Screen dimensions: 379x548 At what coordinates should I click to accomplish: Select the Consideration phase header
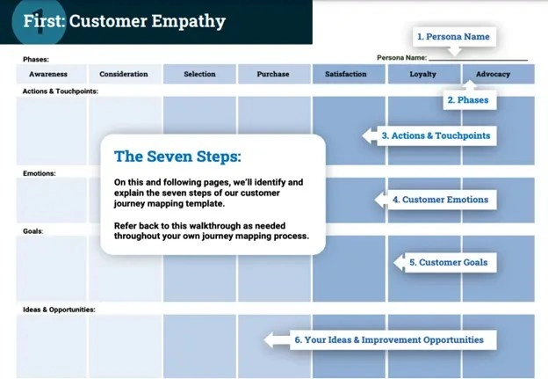coord(124,74)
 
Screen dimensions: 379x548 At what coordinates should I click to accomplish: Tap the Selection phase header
coord(199,74)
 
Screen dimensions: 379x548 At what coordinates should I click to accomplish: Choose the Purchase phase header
coord(273,74)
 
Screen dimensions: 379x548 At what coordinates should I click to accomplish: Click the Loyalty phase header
coord(422,74)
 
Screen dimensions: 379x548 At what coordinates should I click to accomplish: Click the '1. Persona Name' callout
coord(452,37)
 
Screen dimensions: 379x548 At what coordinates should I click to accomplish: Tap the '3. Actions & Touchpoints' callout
coord(436,136)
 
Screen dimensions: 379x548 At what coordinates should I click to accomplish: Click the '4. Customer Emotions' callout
coord(439,200)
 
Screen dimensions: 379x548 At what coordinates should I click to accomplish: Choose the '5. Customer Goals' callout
coord(447,262)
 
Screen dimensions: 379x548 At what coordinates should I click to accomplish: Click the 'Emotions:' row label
coord(40,173)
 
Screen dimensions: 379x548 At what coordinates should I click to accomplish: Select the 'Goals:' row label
coord(33,231)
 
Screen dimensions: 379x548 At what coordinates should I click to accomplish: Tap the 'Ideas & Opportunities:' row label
coord(59,310)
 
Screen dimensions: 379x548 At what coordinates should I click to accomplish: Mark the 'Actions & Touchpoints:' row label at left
coord(60,91)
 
